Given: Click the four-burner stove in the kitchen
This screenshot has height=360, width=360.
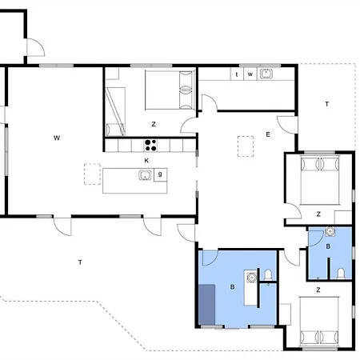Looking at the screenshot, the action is click(150, 146).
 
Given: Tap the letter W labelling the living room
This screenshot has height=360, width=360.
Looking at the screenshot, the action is click(57, 138).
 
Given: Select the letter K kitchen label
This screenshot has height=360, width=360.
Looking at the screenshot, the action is click(146, 161).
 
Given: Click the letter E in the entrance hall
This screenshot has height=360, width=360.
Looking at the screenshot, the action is click(268, 134).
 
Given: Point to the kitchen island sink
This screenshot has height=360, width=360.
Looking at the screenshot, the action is click(145, 175).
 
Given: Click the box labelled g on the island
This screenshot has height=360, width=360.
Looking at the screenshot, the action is click(161, 175).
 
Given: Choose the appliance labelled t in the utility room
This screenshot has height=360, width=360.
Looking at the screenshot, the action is click(237, 74).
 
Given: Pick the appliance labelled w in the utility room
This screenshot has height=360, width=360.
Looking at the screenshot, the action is click(250, 74).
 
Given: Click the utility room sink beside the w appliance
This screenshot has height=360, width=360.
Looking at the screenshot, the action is click(266, 74).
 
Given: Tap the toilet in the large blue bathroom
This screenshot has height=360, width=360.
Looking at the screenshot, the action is click(268, 274).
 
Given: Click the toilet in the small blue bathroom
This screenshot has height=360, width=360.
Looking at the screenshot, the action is click(341, 274).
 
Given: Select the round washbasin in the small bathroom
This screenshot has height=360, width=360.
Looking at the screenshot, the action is click(330, 231).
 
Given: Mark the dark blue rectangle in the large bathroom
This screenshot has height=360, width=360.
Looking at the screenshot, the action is click(207, 305).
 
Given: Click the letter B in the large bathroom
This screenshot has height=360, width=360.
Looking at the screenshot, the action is click(232, 287).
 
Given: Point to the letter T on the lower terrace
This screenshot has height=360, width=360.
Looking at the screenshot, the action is click(80, 262).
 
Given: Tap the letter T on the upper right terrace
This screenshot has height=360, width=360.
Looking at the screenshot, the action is click(327, 104).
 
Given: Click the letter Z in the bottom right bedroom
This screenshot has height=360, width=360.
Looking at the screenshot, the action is click(318, 290).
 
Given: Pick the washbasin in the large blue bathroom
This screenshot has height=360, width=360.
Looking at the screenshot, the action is click(251, 278).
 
